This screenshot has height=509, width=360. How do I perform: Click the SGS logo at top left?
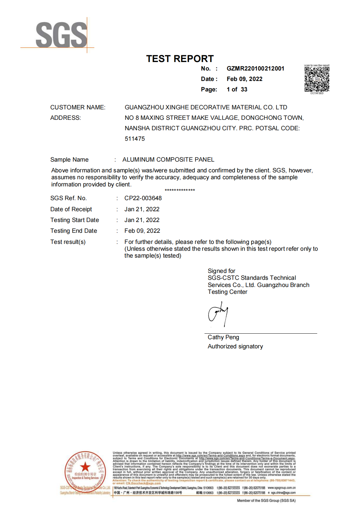pyautogui.click(x=61, y=35)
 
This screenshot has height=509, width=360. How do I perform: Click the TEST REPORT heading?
pyautogui.click(x=180, y=59)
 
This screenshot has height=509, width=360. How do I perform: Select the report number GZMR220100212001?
pyautogui.click(x=255, y=69)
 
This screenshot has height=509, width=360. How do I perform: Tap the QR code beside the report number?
pyautogui.click(x=317, y=79)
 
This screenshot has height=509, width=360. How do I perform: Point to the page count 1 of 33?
pyautogui.click(x=237, y=89)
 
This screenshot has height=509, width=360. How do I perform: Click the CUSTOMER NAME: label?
pyautogui.click(x=78, y=107)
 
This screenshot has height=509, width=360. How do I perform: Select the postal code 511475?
pyautogui.click(x=135, y=139)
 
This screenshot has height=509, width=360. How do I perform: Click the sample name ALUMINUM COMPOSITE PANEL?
pyautogui.click(x=168, y=160)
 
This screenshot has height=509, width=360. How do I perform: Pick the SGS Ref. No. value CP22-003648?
pyautogui.click(x=143, y=198)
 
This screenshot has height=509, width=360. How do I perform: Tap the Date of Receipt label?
pyautogui.click(x=71, y=209)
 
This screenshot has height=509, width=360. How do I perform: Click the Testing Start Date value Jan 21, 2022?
pyautogui.click(x=142, y=220)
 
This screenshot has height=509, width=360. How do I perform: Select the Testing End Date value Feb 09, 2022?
pyautogui.click(x=142, y=231)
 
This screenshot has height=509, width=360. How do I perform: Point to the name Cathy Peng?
pyautogui.click(x=223, y=337)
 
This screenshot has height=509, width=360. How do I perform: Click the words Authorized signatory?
pyautogui.click(x=235, y=346)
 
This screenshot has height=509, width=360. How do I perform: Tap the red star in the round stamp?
pyautogui.click(x=85, y=467)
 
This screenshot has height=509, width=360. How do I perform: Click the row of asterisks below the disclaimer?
pyautogui.click(x=180, y=190)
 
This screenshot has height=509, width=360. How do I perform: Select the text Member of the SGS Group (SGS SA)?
pyautogui.click(x=266, y=501)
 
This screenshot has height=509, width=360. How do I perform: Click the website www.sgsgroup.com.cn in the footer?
pyautogui.click(x=281, y=488)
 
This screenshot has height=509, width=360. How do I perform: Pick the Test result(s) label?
pyautogui.click(x=68, y=242)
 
